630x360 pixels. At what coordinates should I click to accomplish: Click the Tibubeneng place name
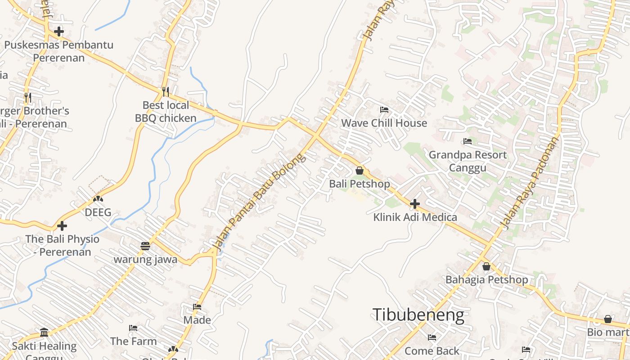418,315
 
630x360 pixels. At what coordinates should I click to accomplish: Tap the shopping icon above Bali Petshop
360,171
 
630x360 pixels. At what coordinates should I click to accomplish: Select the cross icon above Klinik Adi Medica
415,204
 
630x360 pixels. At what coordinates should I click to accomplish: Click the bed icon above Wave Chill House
384,109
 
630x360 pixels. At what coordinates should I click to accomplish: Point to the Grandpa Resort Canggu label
468,161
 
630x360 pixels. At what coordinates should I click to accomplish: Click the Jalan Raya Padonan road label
531,182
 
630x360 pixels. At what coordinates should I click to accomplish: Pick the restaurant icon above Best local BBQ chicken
166,92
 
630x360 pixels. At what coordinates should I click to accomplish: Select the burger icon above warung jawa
145,246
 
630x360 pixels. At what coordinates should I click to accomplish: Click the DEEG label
98,212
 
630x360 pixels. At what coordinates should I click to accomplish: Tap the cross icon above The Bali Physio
62,225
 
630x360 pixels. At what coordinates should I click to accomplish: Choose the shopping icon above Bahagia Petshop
486,266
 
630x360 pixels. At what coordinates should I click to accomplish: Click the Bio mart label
608,332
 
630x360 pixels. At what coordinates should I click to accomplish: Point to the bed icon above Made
197,307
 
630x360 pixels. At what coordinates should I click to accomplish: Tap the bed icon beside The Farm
133,328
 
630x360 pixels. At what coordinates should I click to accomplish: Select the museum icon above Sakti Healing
44,333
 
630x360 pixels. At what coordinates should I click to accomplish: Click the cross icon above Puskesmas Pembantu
58,31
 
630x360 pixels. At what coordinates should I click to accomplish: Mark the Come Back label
432,351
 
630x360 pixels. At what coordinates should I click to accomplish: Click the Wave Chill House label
384,123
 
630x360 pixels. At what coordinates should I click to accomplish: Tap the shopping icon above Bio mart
608,319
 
